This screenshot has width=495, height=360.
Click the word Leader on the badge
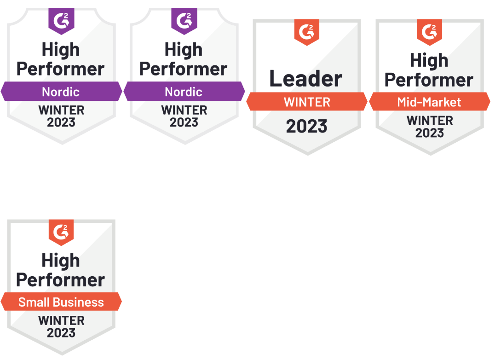coord(306,79)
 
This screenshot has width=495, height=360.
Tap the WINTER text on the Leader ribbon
coord(307,102)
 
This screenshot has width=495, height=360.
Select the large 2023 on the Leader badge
coord(307,126)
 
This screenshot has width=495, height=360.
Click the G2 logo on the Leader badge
coord(306,32)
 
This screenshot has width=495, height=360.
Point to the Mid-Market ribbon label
coord(429,102)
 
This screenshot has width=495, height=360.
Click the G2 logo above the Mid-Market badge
coord(429,32)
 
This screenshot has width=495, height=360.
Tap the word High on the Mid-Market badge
coord(429,60)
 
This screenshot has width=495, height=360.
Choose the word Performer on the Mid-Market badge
coord(429,80)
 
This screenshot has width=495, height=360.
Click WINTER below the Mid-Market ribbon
coord(430,121)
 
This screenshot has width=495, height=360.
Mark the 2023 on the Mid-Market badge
coord(430,133)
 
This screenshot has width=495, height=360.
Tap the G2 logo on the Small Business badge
coord(61,232)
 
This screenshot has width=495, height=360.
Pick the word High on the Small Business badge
coord(61,261)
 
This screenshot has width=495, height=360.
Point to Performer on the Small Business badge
coord(61,280)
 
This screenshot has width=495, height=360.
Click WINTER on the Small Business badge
coord(61,321)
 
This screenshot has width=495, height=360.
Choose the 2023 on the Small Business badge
coord(61,332)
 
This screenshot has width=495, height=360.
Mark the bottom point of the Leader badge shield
coord(307,154)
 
